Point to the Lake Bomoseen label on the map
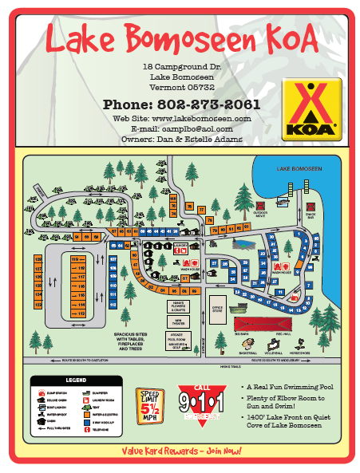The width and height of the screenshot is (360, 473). (299, 169)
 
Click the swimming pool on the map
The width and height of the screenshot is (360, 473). (246, 243)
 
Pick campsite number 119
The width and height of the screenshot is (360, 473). (78, 259)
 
